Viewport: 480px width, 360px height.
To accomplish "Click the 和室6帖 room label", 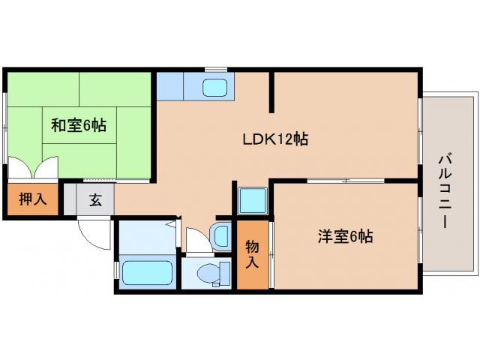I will coord(78,125).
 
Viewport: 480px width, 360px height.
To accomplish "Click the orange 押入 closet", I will coord(31,199).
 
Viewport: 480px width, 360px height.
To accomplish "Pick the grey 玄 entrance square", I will coord(95,199).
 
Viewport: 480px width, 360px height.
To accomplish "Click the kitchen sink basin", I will coord(216,87).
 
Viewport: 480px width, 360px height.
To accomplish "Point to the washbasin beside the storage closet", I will coord(223,235).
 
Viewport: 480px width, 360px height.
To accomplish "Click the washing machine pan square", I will coord(253,201).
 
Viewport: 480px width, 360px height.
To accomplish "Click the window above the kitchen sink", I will coord(216,70).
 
